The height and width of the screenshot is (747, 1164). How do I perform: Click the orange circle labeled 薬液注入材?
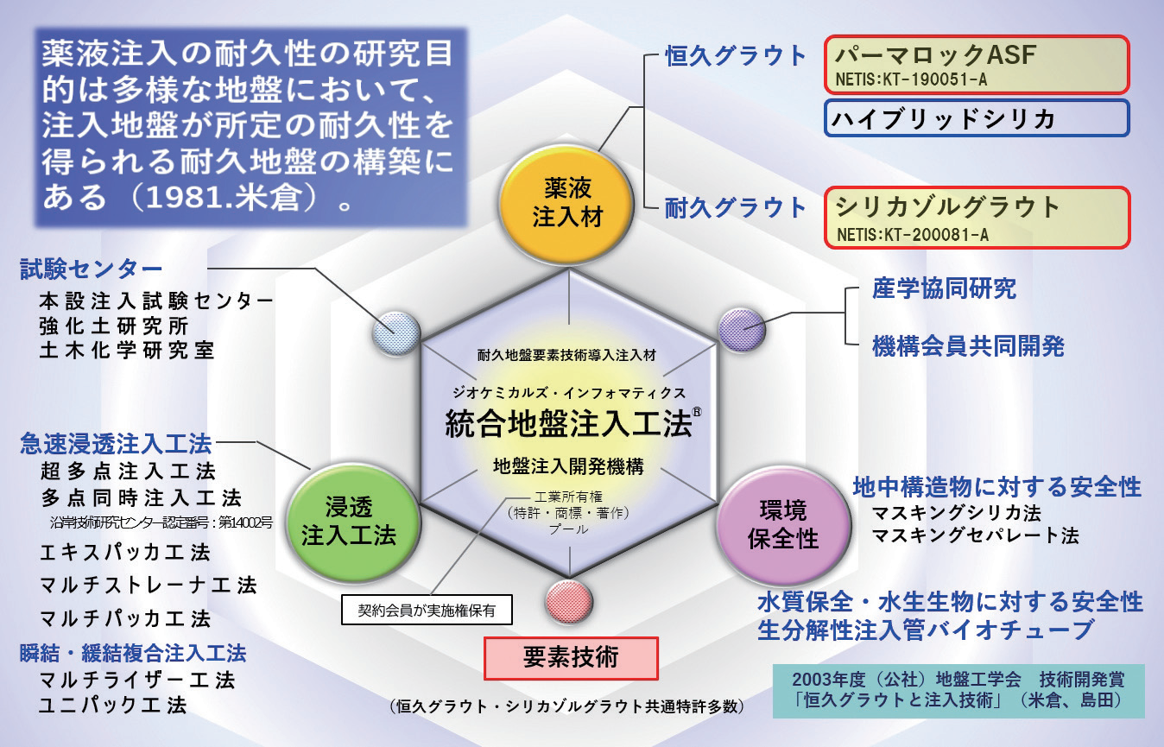tap(567, 201)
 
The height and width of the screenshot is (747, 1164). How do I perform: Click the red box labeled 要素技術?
tap(571, 658)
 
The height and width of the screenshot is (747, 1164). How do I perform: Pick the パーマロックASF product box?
tap(977, 65)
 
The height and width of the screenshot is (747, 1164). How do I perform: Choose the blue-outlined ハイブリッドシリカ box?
tap(977, 118)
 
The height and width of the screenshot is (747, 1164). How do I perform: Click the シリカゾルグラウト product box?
tap(977, 218)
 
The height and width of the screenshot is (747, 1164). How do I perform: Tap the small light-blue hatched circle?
tap(396, 332)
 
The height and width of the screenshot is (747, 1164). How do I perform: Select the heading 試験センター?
tap(91, 269)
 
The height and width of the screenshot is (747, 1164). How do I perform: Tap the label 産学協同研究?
tap(944, 289)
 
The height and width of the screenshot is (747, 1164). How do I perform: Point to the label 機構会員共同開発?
tap(968, 346)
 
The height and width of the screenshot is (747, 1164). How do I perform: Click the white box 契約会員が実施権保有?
tap(427, 611)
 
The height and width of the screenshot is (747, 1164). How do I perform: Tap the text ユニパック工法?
tap(113, 704)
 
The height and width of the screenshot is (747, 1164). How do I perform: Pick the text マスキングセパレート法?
tap(975, 535)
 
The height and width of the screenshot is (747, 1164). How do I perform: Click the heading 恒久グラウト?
tap(736, 57)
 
